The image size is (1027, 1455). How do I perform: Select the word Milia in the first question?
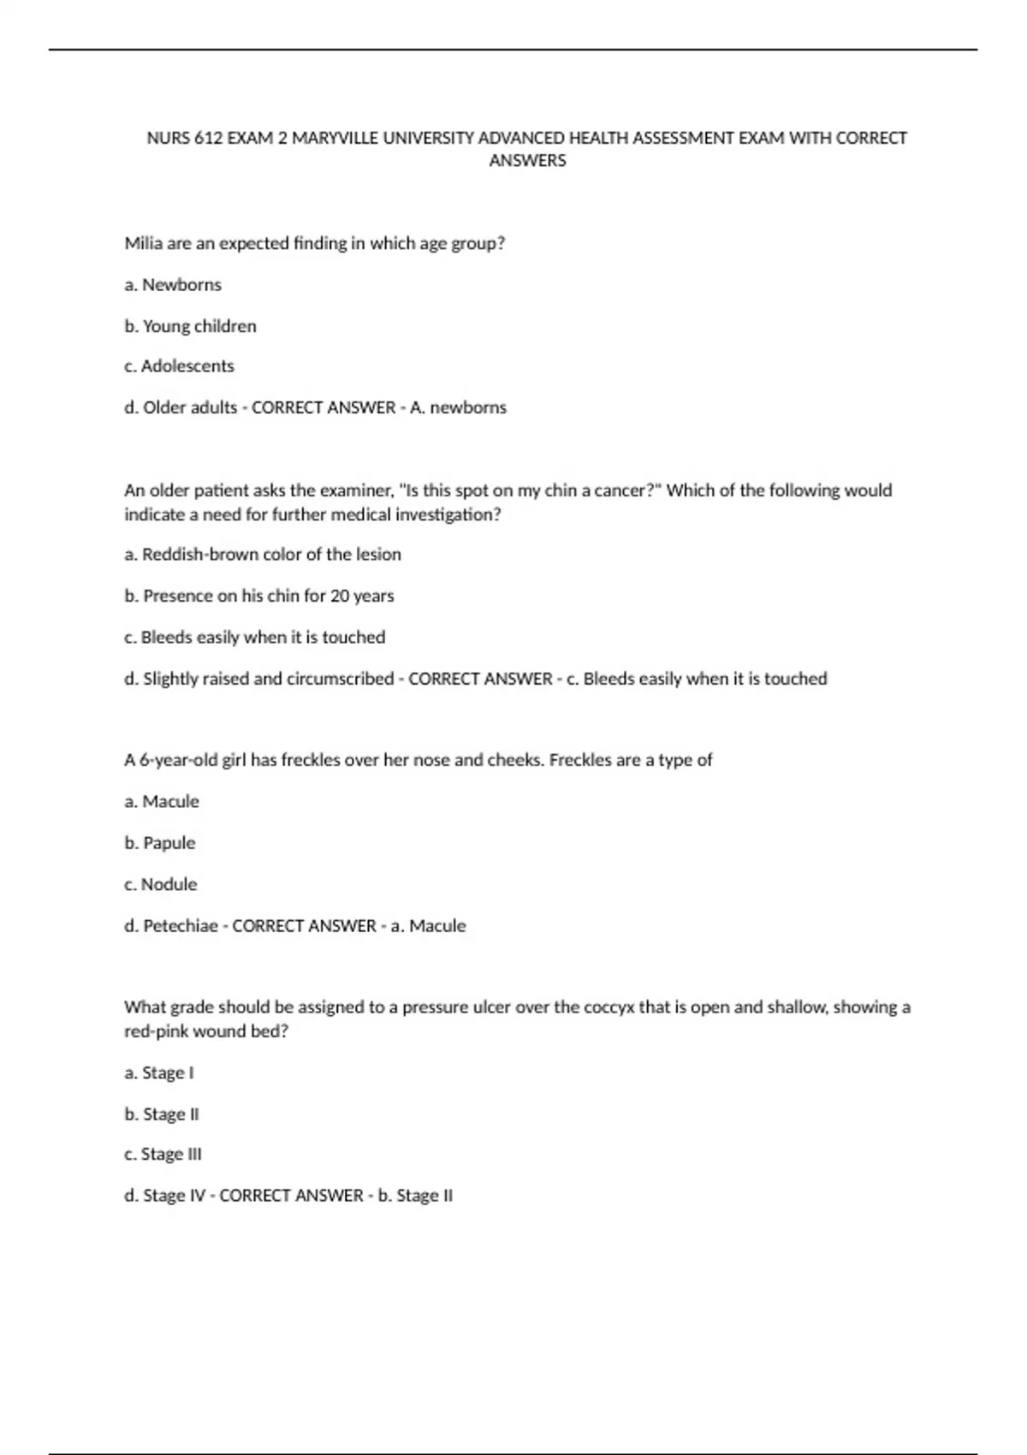tap(143, 243)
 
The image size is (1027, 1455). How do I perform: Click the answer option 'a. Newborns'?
tap(173, 284)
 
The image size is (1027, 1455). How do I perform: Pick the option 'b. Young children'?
tap(190, 326)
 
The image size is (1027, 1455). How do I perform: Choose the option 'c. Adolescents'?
tap(179, 365)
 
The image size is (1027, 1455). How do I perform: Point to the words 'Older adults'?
tap(190, 407)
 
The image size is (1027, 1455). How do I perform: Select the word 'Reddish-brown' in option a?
tap(199, 554)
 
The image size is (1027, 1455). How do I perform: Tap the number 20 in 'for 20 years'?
tap(340, 596)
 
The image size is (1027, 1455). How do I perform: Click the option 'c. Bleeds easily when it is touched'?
tap(255, 637)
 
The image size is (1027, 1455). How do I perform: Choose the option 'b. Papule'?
tap(160, 843)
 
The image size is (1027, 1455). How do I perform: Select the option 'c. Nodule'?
tap(161, 884)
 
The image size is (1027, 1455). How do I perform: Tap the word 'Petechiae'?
tap(181, 926)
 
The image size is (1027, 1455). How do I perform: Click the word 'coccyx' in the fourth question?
tap(608, 1007)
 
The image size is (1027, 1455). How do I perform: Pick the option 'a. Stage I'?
tap(159, 1072)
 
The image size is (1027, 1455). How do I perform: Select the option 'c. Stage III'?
tap(163, 1154)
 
